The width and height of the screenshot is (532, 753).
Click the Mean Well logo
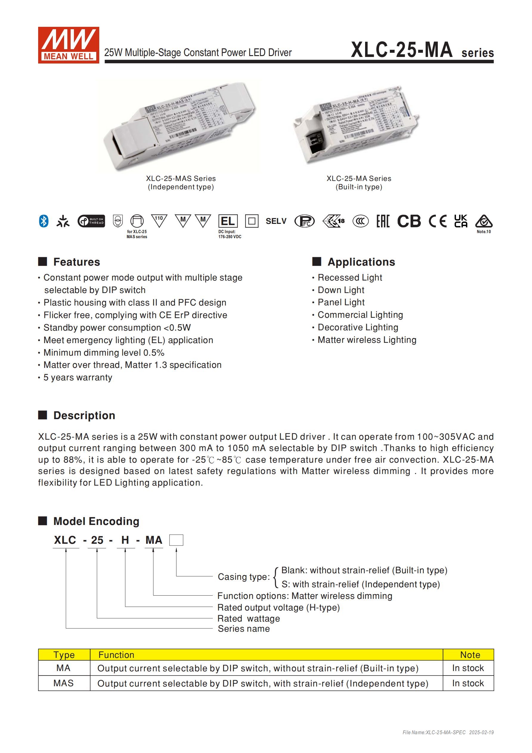(69, 45)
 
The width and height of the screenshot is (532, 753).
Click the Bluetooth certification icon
(44, 221)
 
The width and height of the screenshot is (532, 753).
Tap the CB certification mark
(409, 221)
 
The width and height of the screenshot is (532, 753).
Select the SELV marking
(276, 221)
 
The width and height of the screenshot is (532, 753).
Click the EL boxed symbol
(228, 221)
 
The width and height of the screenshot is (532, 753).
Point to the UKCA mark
(460, 221)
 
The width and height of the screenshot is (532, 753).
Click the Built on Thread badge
(91, 221)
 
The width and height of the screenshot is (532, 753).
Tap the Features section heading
(76, 262)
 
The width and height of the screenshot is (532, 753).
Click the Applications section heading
(361, 262)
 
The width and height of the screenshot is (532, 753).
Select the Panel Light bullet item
(341, 302)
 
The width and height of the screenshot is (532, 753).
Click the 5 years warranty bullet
(78, 377)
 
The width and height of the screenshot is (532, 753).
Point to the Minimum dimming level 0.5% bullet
(104, 353)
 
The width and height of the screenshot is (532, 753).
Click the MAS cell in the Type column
(63, 683)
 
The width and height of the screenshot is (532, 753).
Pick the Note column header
(470, 655)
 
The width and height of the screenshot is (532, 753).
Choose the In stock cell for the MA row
(468, 668)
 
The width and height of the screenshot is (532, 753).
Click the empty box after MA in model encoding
(176, 540)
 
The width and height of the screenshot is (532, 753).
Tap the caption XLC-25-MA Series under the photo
(359, 178)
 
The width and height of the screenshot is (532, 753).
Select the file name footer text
(448, 732)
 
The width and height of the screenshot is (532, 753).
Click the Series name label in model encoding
(244, 629)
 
